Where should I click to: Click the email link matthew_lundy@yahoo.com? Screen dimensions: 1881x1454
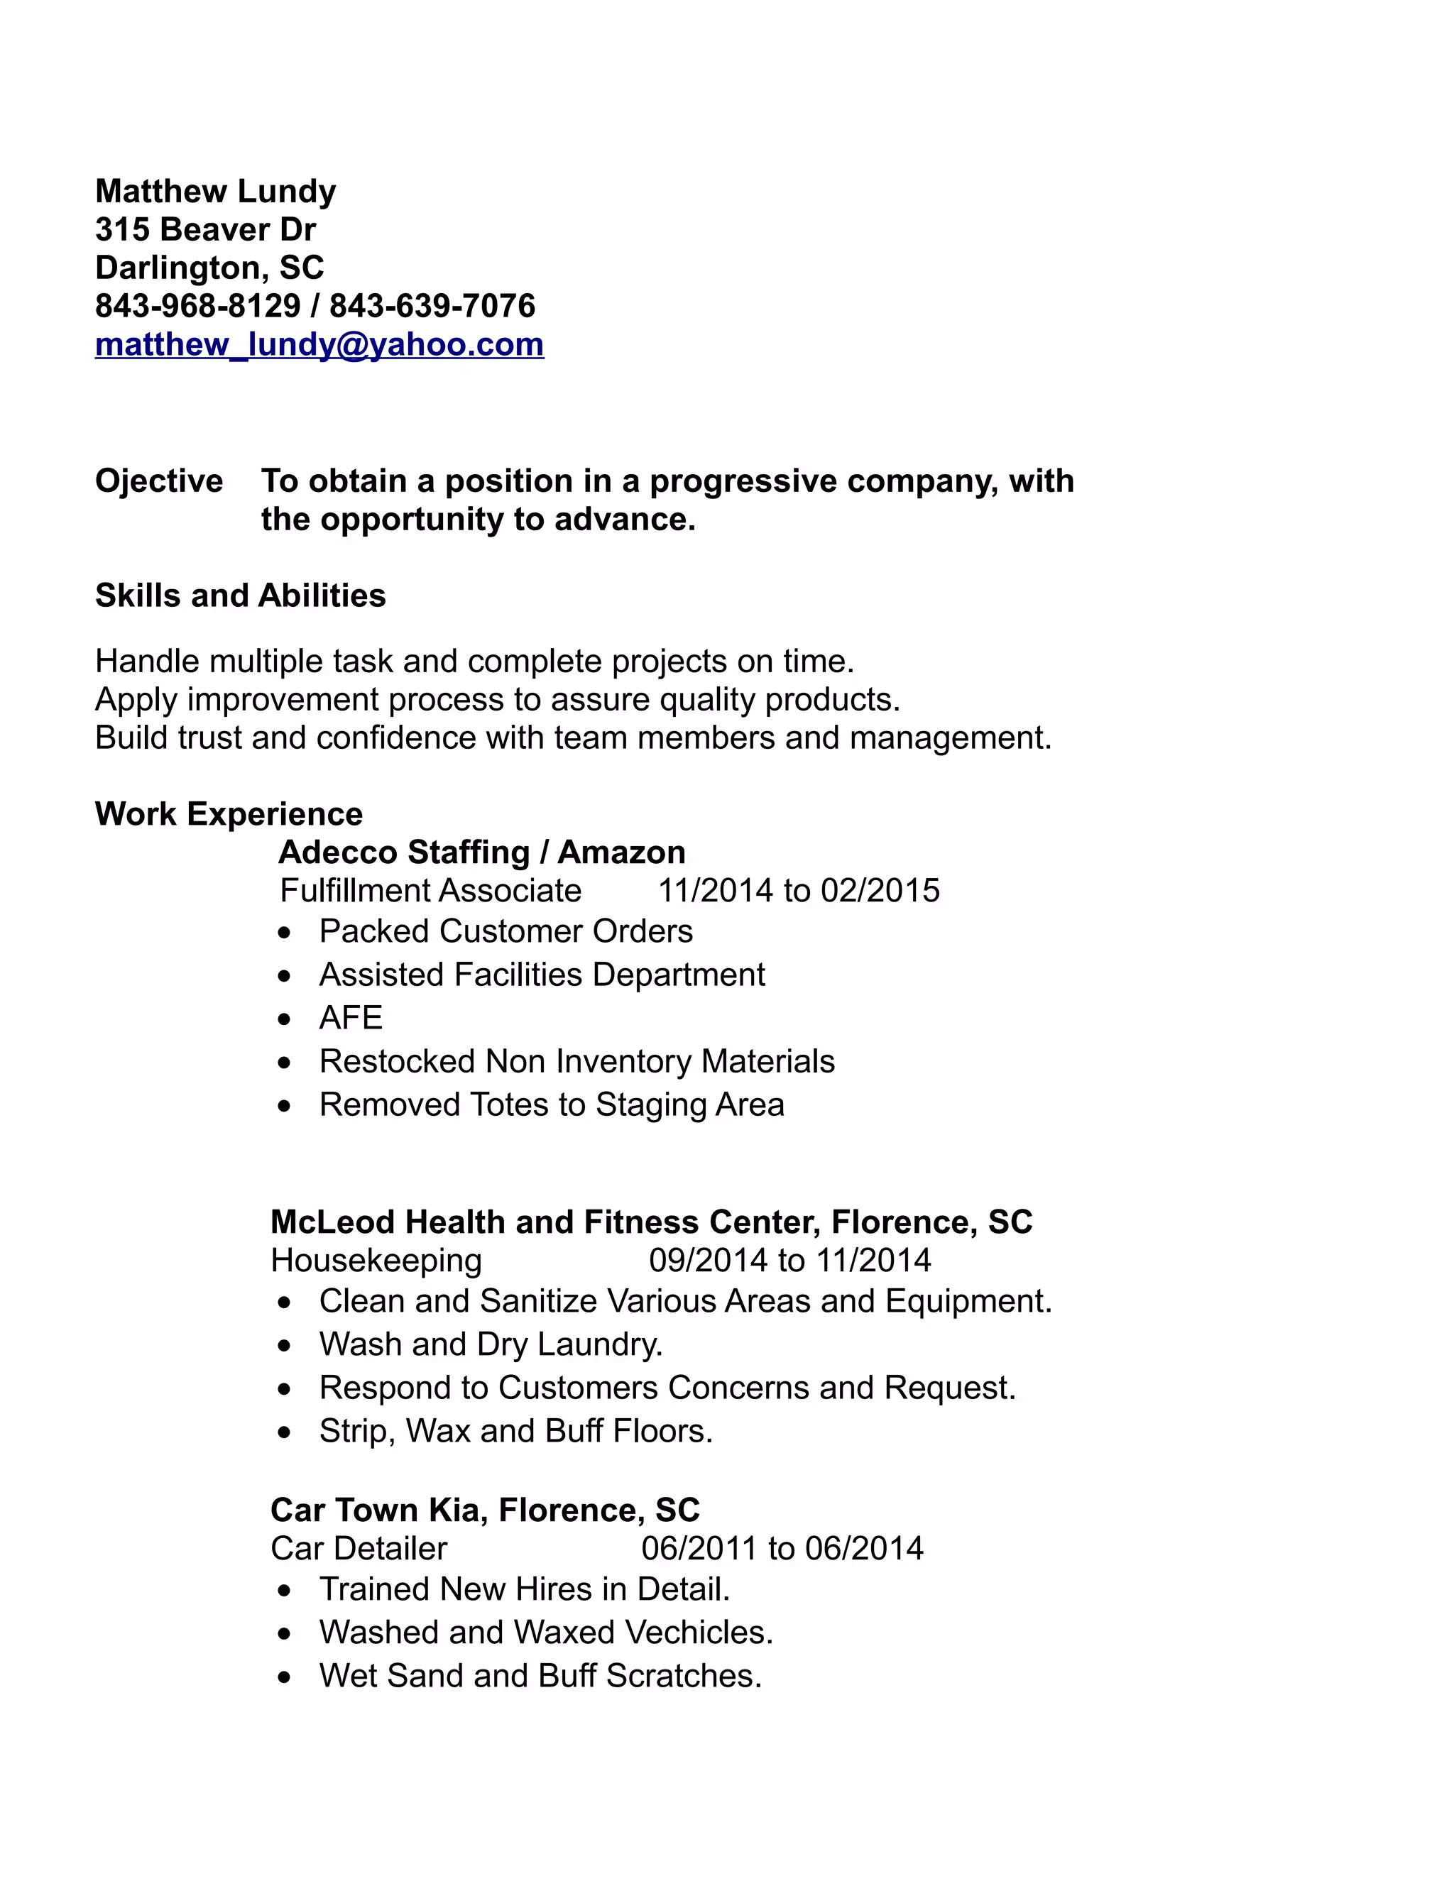(319, 344)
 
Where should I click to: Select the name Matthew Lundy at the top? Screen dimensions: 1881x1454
(215, 191)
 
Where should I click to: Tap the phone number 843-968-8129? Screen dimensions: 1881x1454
(197, 306)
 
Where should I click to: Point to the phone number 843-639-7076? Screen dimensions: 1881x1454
(432, 306)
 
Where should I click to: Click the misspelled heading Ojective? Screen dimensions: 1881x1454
(158, 481)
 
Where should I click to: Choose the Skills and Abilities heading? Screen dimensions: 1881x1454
(241, 595)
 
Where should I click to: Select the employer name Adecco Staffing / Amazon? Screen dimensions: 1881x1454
(481, 852)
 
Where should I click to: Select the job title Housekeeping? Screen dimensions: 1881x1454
(376, 1260)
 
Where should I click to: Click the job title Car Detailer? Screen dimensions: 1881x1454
(359, 1549)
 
